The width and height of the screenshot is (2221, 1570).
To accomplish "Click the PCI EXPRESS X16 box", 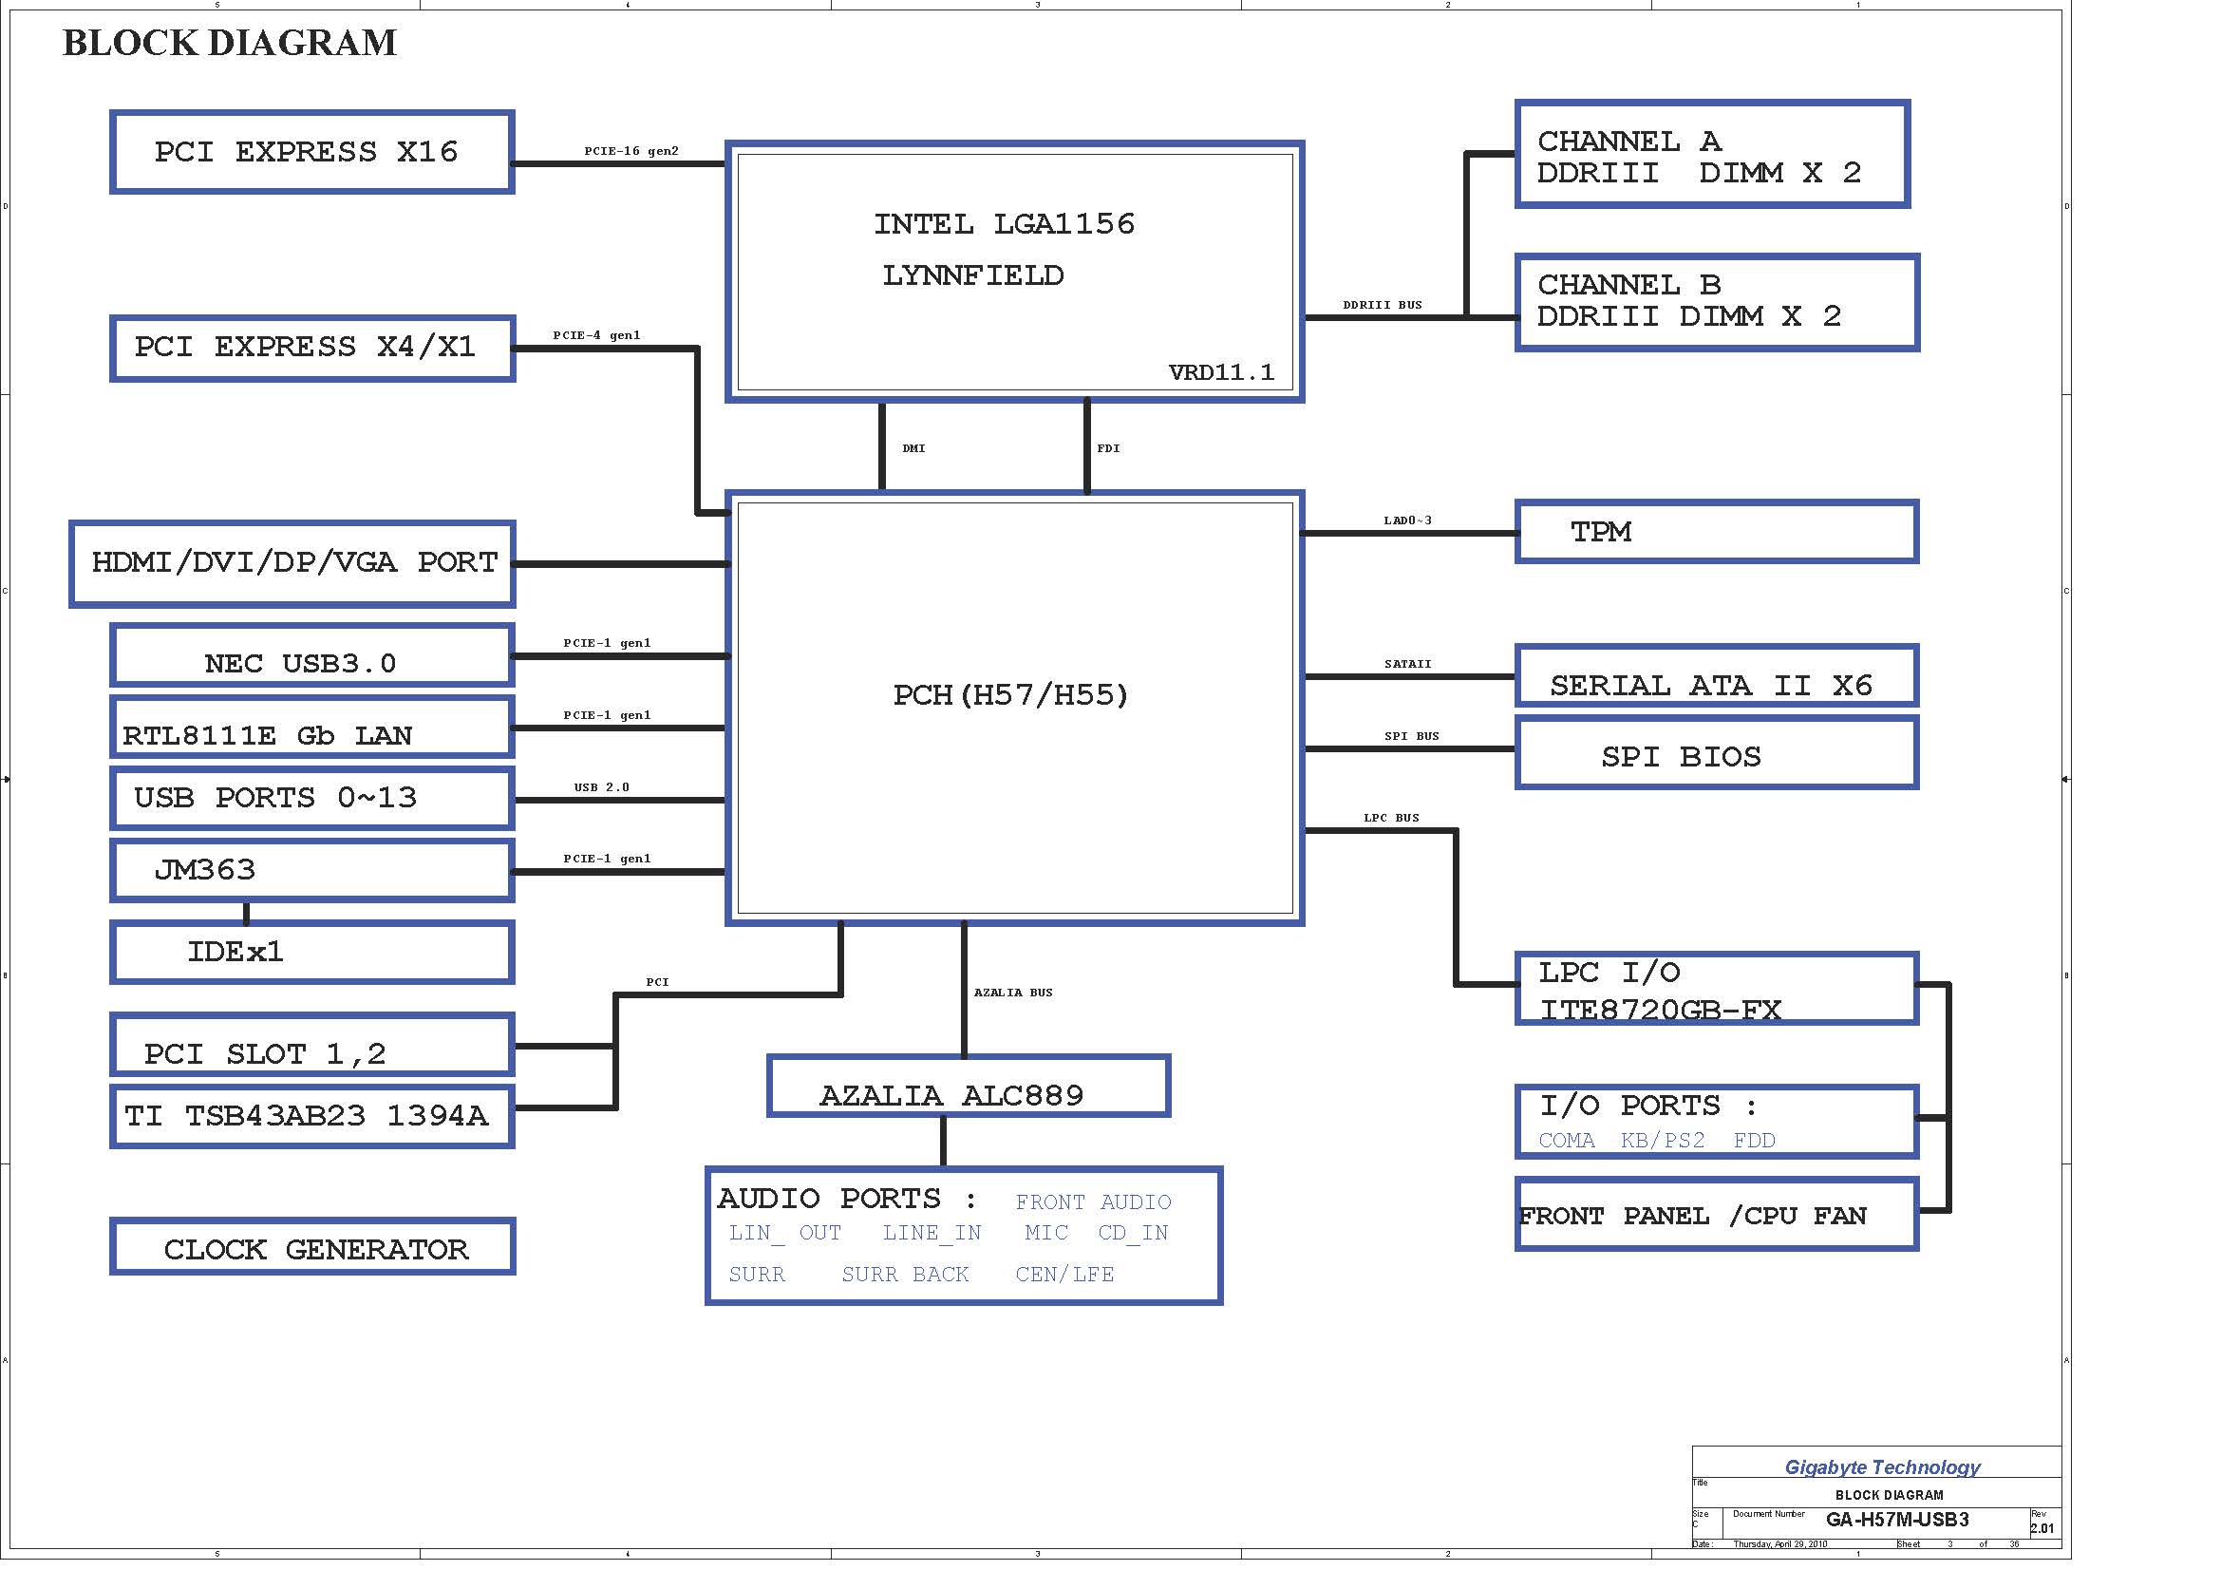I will pyautogui.click(x=311, y=152).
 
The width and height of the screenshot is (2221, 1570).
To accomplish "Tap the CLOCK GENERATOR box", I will pyautogui.click(x=312, y=1247).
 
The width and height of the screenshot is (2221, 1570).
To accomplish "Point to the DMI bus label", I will pyautogui.click(x=913, y=449).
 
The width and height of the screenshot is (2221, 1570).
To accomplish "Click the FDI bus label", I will pyautogui.click(x=1107, y=449).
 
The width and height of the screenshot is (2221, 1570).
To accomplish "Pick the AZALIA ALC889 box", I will pyautogui.click(x=969, y=1087).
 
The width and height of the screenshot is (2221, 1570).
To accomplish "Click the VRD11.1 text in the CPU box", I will pyautogui.click(x=1221, y=372).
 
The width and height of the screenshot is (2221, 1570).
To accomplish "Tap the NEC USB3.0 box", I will pyautogui.click(x=311, y=657).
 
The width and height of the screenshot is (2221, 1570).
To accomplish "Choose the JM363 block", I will pyautogui.click(x=311, y=871).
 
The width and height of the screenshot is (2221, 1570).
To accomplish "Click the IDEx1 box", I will pyautogui.click(x=311, y=953).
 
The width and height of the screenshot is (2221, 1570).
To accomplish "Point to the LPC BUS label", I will pyautogui.click(x=1391, y=819).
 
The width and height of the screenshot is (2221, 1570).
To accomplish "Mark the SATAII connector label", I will pyautogui.click(x=1407, y=665).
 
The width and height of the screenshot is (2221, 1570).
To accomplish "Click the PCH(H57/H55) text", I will pyautogui.click(x=1010, y=695).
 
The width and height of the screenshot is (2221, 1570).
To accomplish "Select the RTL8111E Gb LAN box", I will pyautogui.click(x=311, y=728).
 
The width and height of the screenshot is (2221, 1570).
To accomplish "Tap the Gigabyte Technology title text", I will pyautogui.click(x=1881, y=1467).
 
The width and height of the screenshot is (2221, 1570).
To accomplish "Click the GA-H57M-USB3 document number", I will pyautogui.click(x=1897, y=1520).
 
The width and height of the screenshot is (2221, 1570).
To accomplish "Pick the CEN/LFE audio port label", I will pyautogui.click(x=1064, y=1275).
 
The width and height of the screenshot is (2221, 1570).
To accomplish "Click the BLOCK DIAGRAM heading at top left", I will pyautogui.click(x=229, y=44).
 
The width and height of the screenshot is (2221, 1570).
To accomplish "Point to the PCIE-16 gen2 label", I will pyautogui.click(x=631, y=151).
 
